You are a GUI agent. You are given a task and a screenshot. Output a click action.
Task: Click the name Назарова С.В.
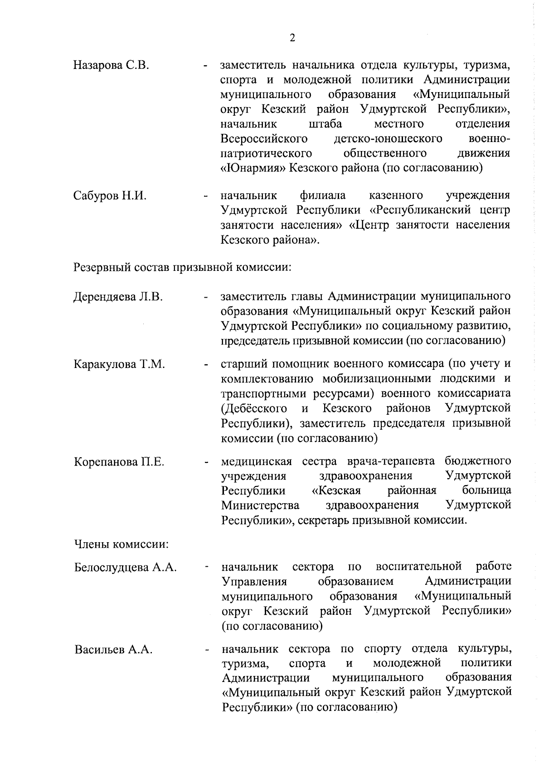(x=111, y=65)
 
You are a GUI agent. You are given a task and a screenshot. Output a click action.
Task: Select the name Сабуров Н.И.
(x=110, y=196)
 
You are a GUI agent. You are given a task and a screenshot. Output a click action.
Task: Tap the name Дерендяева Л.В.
(x=118, y=297)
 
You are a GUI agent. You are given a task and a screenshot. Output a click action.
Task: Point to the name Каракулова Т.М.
(x=119, y=365)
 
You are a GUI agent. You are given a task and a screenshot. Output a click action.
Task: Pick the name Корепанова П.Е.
(x=119, y=462)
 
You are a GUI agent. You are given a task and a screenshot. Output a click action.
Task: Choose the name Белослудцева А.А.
(x=126, y=567)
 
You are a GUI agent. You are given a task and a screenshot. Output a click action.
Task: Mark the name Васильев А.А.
(x=113, y=650)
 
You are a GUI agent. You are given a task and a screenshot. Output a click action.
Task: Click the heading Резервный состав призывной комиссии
(x=182, y=267)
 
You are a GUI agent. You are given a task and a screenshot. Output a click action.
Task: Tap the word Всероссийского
(x=264, y=138)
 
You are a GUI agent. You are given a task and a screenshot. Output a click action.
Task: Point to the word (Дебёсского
(x=254, y=408)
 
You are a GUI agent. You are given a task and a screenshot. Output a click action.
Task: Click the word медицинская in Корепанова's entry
(x=257, y=462)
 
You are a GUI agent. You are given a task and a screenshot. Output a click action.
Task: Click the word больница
(x=487, y=490)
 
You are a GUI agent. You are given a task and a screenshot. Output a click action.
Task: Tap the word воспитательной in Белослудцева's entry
(x=418, y=566)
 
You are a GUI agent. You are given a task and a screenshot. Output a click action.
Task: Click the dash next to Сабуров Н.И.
(x=206, y=197)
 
